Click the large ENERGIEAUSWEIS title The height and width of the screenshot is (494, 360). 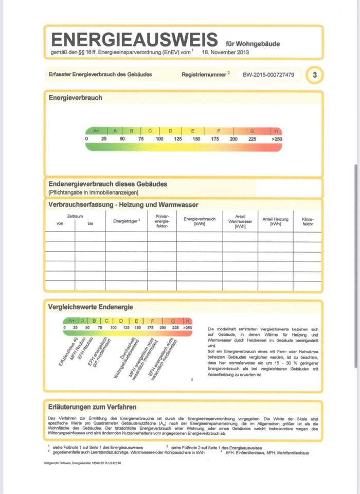(135, 40)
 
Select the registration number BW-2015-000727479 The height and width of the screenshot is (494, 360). (268, 75)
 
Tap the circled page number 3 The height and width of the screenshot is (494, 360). (315, 75)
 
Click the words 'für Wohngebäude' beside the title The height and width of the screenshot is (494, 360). (253, 44)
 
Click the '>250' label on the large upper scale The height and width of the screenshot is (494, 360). (277, 139)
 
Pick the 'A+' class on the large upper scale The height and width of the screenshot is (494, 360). (96, 131)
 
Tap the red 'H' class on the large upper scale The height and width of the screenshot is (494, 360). (277, 131)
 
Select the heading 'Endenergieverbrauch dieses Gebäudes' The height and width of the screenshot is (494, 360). (107, 184)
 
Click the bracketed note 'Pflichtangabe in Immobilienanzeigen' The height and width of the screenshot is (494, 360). (93, 192)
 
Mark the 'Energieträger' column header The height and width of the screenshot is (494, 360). (126, 221)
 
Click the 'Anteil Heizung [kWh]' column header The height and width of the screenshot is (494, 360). (275, 222)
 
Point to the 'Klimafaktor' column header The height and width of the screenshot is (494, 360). (308, 222)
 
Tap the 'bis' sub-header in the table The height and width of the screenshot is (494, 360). (91, 223)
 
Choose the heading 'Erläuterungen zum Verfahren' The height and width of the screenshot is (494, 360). (92, 407)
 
